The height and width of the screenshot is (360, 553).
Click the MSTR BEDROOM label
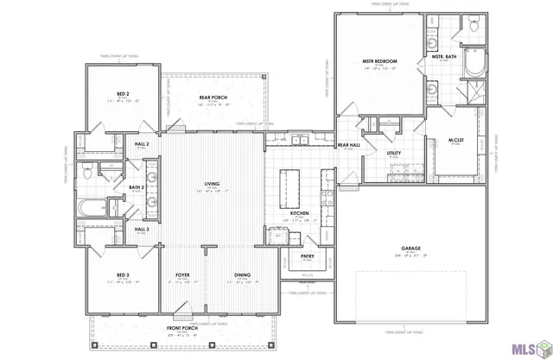(379, 61)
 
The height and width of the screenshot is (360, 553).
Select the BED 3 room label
(124, 276)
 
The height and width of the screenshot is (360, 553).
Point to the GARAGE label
(410, 248)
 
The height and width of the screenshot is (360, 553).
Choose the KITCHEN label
(299, 212)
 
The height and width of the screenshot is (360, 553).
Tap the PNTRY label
(307, 256)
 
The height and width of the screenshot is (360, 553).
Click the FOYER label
(182, 276)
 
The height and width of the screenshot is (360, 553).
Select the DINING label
(242, 276)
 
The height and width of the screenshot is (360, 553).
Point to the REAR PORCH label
(213, 98)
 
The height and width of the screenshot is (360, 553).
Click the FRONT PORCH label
(182, 329)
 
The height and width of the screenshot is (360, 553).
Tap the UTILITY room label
(394, 153)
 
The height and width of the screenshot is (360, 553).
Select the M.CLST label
(456, 140)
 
